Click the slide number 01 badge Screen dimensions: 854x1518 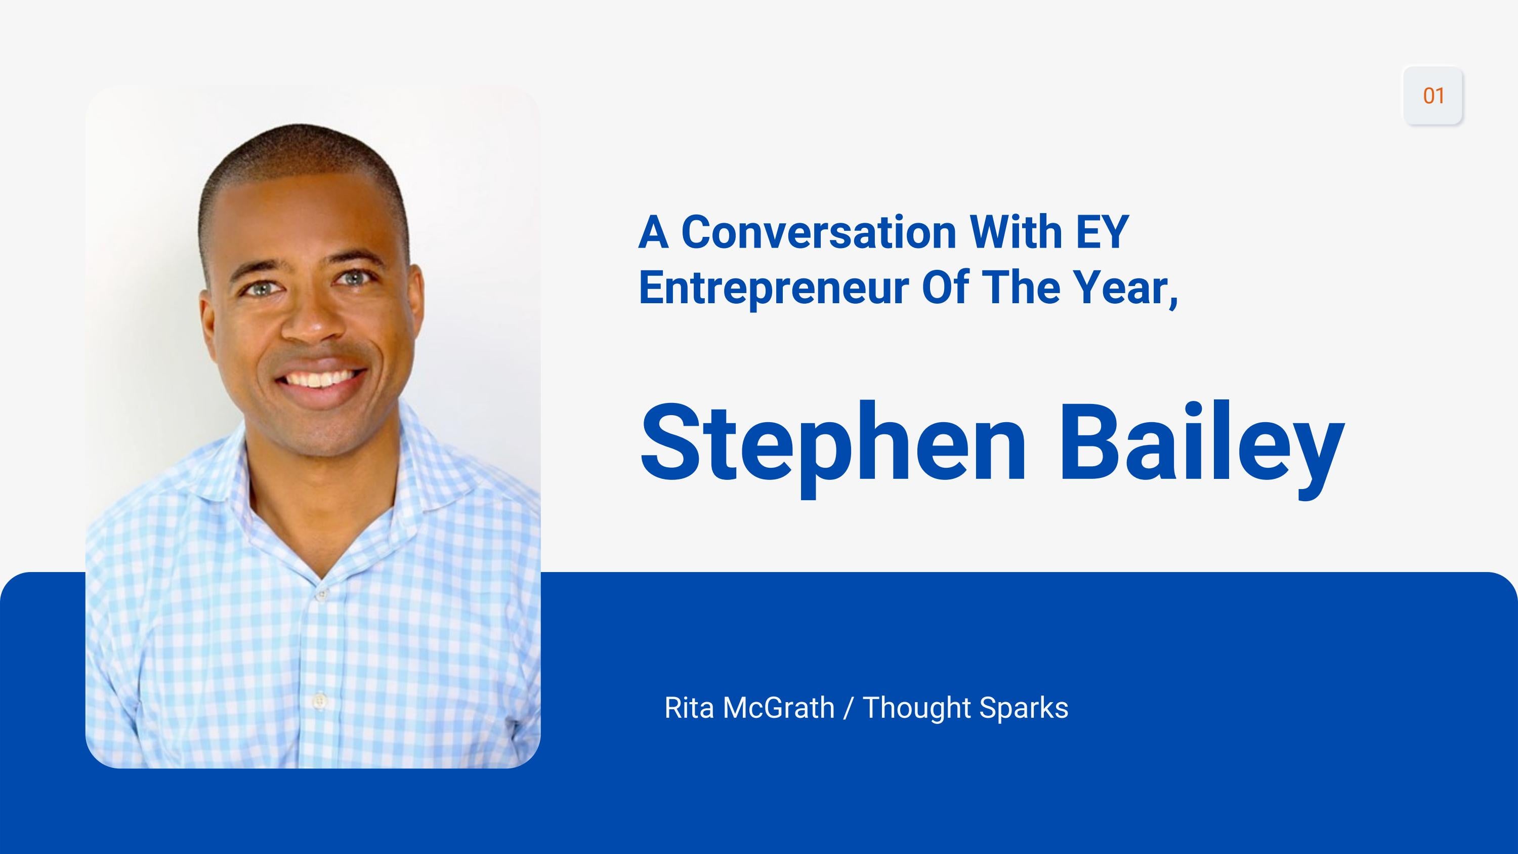[x=1432, y=96]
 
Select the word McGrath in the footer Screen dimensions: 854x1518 [x=778, y=708]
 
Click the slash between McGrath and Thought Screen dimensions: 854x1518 [x=848, y=708]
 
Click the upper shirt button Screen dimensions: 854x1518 [x=321, y=595]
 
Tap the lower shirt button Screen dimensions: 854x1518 [x=320, y=700]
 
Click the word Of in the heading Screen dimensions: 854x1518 [x=945, y=288]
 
